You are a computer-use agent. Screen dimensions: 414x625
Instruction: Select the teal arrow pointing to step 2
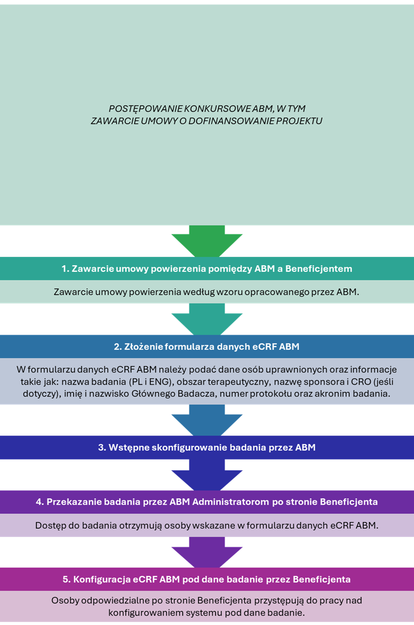coord(207,319)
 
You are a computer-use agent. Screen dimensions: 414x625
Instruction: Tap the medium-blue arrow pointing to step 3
coord(207,420)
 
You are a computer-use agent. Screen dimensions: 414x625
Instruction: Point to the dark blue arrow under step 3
coord(207,475)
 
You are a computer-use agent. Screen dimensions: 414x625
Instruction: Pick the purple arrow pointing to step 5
coord(207,552)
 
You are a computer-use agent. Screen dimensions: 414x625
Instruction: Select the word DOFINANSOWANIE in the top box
coord(231,121)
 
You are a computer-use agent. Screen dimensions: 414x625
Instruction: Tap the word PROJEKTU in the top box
coord(299,121)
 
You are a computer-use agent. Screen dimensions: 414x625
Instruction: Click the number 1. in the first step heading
coord(66,269)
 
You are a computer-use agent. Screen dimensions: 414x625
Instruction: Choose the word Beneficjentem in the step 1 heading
coord(319,269)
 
